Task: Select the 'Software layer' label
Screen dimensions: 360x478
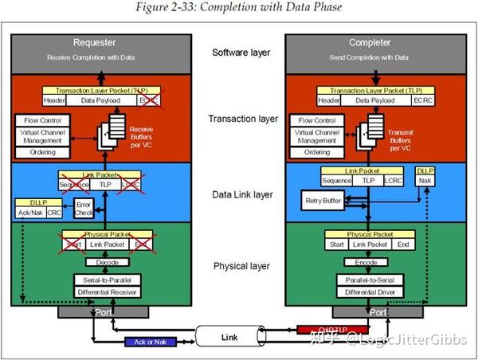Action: point(241,53)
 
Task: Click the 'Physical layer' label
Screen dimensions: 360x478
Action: point(241,266)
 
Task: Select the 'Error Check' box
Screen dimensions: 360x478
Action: point(84,209)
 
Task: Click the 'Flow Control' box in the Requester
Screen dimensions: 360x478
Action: point(37,119)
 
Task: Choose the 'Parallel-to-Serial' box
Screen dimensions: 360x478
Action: point(366,280)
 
